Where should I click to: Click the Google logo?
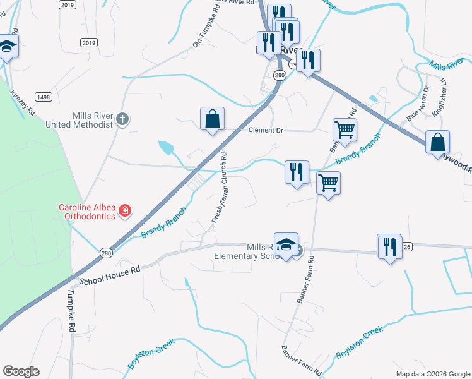21,371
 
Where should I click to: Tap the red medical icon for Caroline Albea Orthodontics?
125,210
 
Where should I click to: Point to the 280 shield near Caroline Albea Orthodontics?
106,253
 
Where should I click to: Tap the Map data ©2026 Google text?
432,374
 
